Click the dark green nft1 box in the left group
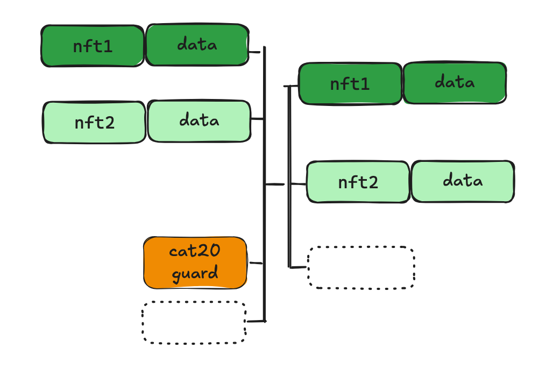[93, 46]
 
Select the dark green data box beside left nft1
[197, 45]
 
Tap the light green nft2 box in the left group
[94, 123]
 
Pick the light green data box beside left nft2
[199, 121]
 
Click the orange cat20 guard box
[195, 263]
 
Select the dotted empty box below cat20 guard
[194, 322]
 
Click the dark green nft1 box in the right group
[350, 83]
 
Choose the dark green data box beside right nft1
[455, 83]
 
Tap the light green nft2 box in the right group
[358, 182]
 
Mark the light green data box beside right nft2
[463, 181]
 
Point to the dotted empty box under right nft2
[361, 268]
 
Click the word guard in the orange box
[195, 274]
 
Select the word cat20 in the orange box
[195, 251]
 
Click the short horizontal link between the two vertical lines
[275, 184]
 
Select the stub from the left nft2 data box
[258, 119]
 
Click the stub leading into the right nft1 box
[293, 86]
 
